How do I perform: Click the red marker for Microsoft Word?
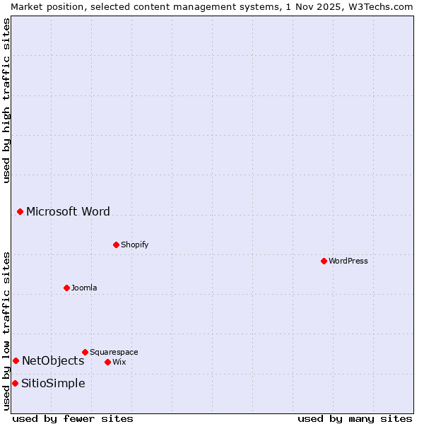click(x=20, y=211)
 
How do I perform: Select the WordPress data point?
click(x=324, y=261)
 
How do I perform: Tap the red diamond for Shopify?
click(x=116, y=245)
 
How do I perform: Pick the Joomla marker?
click(x=66, y=288)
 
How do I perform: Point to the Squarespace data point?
click(x=85, y=352)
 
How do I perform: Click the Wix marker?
click(x=107, y=362)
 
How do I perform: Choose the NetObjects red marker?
click(x=16, y=360)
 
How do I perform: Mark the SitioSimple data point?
click(x=15, y=383)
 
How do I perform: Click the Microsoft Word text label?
click(x=68, y=211)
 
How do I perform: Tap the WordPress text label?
click(x=348, y=261)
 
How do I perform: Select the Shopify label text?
click(x=134, y=245)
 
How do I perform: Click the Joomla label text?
click(x=84, y=288)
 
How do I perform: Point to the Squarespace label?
click(x=114, y=352)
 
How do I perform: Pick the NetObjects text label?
click(x=53, y=360)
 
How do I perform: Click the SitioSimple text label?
click(x=53, y=383)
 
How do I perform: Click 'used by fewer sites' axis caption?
click(x=73, y=418)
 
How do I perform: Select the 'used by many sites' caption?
click(x=355, y=418)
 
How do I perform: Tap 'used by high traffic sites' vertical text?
click(x=6, y=100)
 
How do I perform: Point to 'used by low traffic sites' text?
click(x=6, y=331)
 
